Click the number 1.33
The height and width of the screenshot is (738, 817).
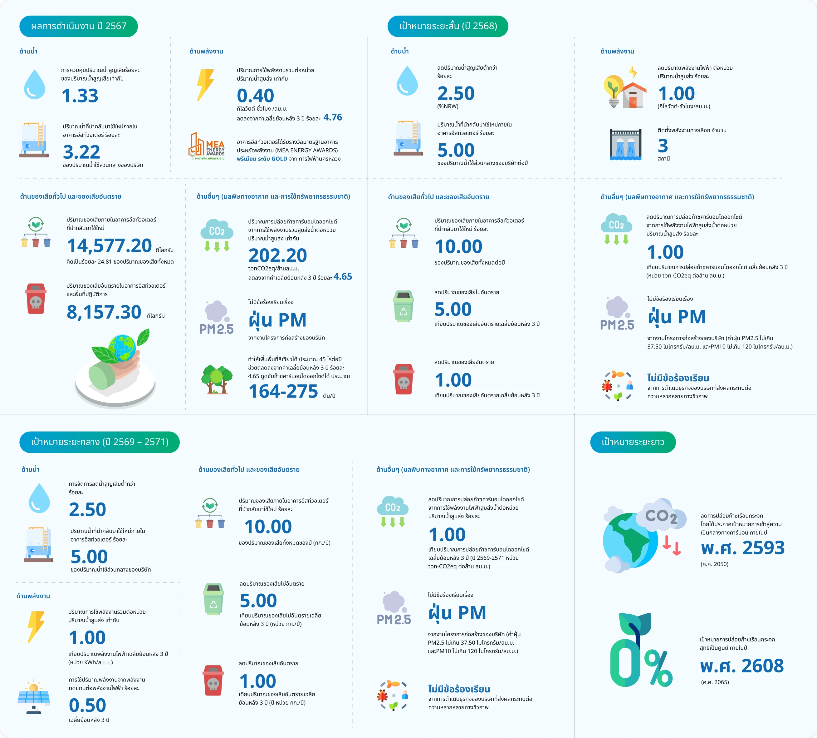(x=80, y=96)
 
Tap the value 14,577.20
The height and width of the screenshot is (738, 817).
(x=110, y=246)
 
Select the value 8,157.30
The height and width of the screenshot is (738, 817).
(x=104, y=312)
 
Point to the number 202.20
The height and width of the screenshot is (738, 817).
(x=278, y=255)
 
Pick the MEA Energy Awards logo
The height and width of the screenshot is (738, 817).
(x=207, y=146)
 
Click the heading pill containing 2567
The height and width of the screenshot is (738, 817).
(x=79, y=26)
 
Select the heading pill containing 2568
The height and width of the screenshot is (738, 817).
(x=448, y=26)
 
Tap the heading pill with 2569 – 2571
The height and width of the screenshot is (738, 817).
(x=100, y=442)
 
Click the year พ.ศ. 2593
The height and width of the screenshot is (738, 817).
(x=743, y=548)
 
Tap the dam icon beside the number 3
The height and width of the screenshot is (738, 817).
(x=626, y=144)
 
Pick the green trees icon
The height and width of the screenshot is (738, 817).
(x=217, y=379)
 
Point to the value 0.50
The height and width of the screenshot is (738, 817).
(x=87, y=706)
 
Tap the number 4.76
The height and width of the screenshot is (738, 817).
(x=333, y=118)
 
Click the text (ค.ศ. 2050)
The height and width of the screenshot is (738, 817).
(x=714, y=564)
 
